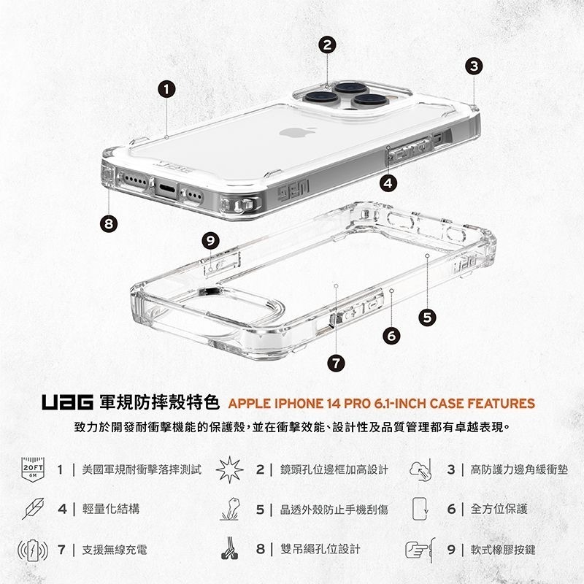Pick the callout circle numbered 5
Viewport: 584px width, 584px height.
point(428,316)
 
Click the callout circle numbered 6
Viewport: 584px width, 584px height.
point(393,336)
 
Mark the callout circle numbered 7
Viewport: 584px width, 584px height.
point(336,362)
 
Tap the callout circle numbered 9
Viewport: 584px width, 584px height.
point(210,240)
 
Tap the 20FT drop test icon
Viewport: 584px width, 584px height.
point(33,468)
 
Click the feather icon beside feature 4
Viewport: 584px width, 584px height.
point(33,508)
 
